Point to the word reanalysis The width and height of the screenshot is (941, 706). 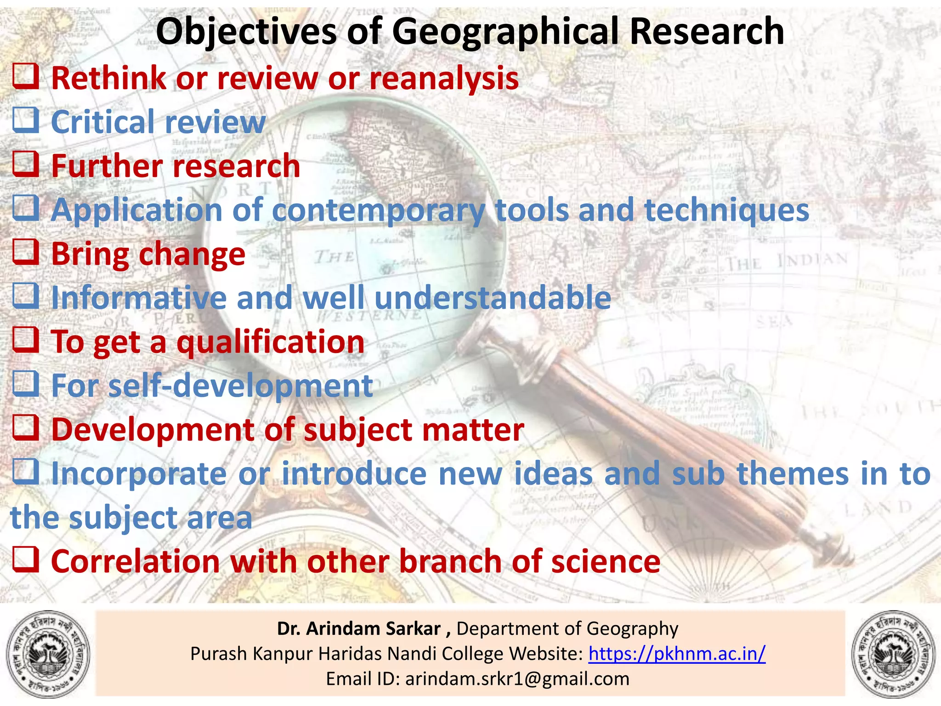tap(444, 78)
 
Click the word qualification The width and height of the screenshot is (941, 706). tap(271, 342)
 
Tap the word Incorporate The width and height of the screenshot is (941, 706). tap(139, 474)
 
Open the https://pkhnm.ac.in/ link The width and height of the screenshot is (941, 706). tap(677, 653)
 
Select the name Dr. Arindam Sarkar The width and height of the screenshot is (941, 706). tap(359, 628)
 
